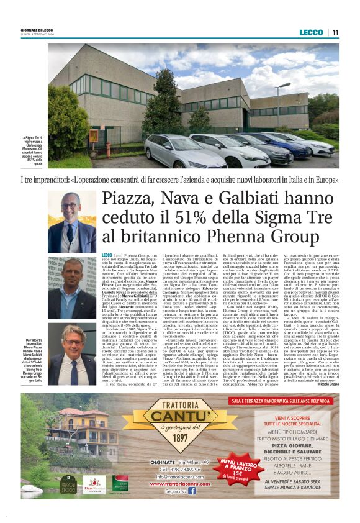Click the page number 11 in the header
[x=335, y=32]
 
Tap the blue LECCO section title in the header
[x=311, y=32]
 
